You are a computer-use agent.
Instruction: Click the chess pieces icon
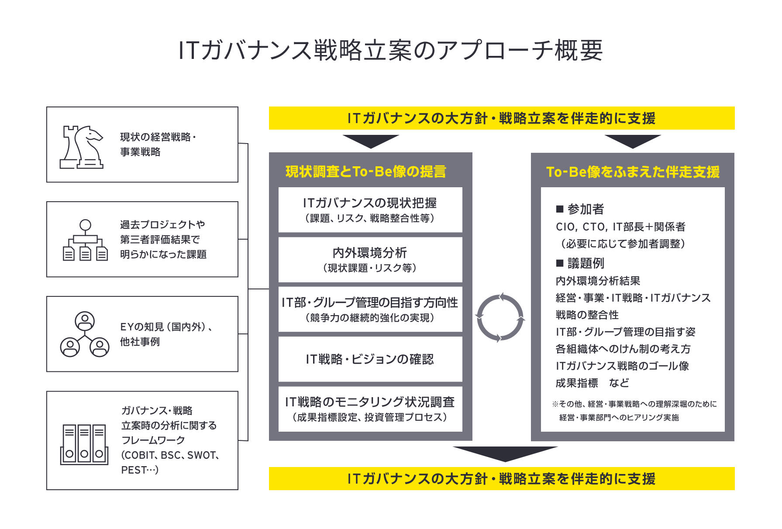pyautogui.click(x=82, y=147)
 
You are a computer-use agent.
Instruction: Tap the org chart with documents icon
pyautogui.click(x=85, y=240)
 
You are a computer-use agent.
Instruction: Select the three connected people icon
pyautogui.click(x=85, y=334)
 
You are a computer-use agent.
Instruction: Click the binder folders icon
pyautogui.click(x=84, y=444)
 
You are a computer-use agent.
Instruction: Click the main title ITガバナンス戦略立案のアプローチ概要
pyautogui.click(x=391, y=50)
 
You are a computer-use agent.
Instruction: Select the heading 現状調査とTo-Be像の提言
pyautogui.click(x=366, y=172)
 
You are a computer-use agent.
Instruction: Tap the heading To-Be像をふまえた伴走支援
pyautogui.click(x=633, y=172)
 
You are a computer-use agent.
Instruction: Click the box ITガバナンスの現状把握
pyautogui.click(x=370, y=210)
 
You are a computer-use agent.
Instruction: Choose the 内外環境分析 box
pyautogui.click(x=370, y=260)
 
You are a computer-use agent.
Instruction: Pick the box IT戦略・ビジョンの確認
pyautogui.click(x=370, y=359)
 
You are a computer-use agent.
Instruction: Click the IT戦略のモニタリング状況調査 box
pyautogui.click(x=370, y=409)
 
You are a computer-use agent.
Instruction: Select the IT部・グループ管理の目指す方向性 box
pyautogui.click(x=370, y=309)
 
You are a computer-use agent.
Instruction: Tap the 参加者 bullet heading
pyautogui.click(x=580, y=209)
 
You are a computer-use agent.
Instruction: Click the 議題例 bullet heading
pyautogui.click(x=580, y=263)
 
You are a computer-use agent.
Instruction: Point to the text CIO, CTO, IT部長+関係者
pyautogui.click(x=620, y=227)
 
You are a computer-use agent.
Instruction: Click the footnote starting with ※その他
pyautogui.click(x=634, y=411)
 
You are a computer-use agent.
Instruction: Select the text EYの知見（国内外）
pyautogui.click(x=166, y=327)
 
